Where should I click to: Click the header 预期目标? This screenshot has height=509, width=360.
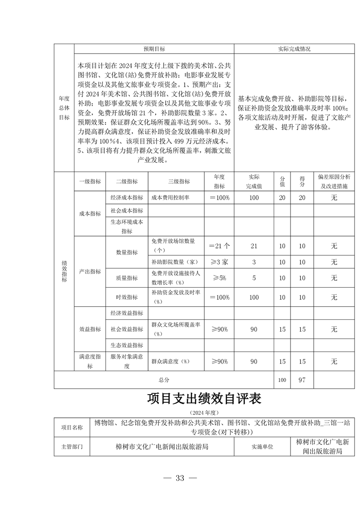point(154,49)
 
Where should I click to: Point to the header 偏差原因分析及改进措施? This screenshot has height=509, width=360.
point(334,181)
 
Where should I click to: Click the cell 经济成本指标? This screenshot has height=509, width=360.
point(127,198)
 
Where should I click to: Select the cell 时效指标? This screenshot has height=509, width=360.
point(127,297)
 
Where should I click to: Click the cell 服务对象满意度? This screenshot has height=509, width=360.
point(127,361)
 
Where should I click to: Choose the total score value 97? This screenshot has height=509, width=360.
point(302,380)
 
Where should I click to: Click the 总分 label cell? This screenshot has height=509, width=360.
point(164,380)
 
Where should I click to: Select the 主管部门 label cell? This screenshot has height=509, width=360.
point(72,446)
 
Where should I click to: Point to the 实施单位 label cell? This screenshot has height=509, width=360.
point(262,446)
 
